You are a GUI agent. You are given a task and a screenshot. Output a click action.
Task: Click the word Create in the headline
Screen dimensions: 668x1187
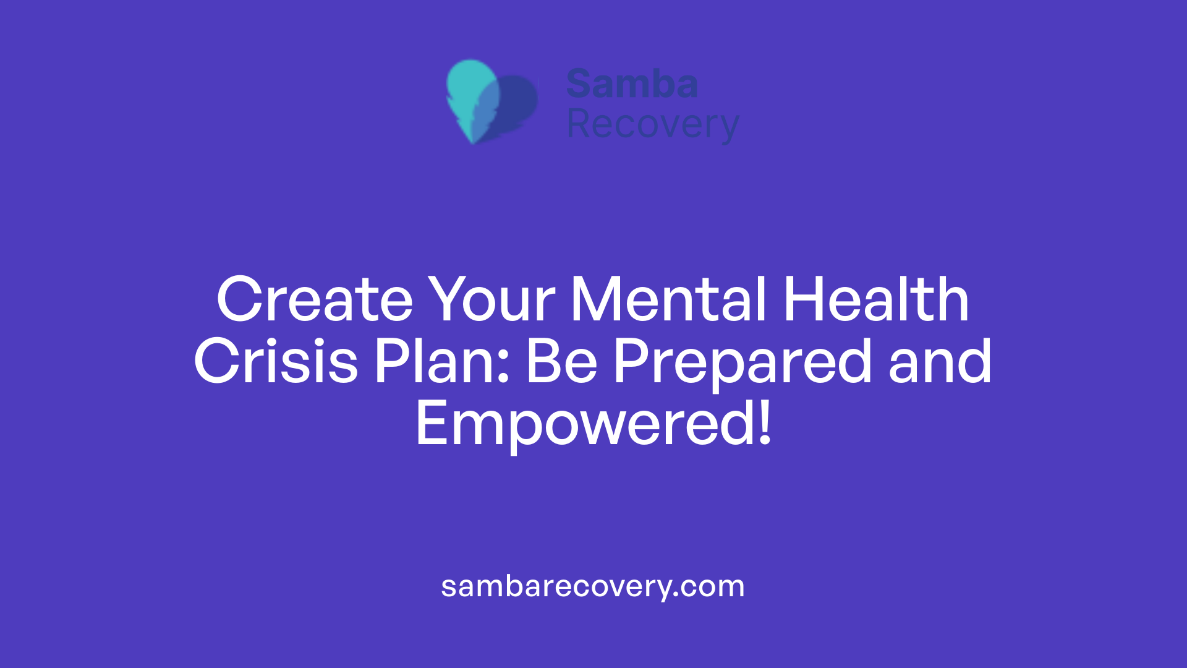[x=314, y=300]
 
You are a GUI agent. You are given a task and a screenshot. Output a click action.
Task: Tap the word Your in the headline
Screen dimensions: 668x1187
[x=492, y=300]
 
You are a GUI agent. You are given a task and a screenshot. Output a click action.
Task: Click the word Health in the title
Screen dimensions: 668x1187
[x=875, y=300]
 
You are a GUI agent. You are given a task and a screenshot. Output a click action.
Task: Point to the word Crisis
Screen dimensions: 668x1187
[x=276, y=362]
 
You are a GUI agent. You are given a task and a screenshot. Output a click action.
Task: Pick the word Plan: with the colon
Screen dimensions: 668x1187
[x=442, y=362]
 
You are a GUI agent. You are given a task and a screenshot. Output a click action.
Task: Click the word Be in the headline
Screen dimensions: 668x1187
[x=561, y=362]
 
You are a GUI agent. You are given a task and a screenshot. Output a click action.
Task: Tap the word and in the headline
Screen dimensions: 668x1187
[x=940, y=362]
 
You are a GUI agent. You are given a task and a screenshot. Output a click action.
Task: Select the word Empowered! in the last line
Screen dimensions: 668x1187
[x=593, y=424]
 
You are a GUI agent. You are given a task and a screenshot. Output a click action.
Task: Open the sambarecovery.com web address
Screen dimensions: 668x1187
[x=593, y=586]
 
